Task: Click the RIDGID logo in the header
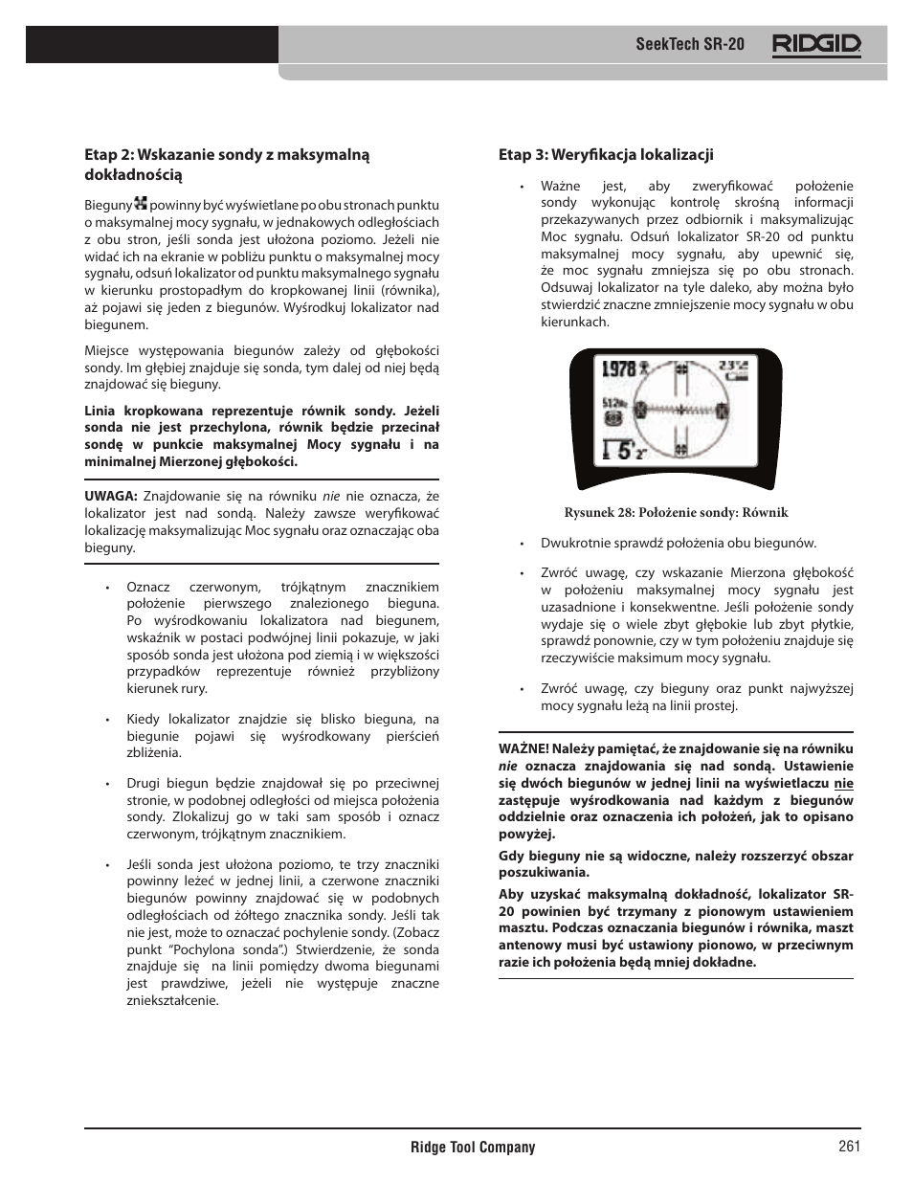(x=816, y=44)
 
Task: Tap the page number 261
(x=848, y=1147)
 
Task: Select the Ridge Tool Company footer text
(x=473, y=1148)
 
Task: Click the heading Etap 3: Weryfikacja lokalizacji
(x=605, y=155)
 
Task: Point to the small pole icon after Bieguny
(x=142, y=204)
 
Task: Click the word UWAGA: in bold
(x=111, y=496)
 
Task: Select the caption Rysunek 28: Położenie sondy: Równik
(x=676, y=512)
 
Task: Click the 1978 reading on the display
(x=619, y=368)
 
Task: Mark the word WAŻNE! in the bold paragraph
(x=523, y=749)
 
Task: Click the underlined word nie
(x=843, y=783)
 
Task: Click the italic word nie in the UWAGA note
(x=331, y=496)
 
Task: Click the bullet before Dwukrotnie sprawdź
(x=523, y=544)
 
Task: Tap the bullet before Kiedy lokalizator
(x=109, y=720)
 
